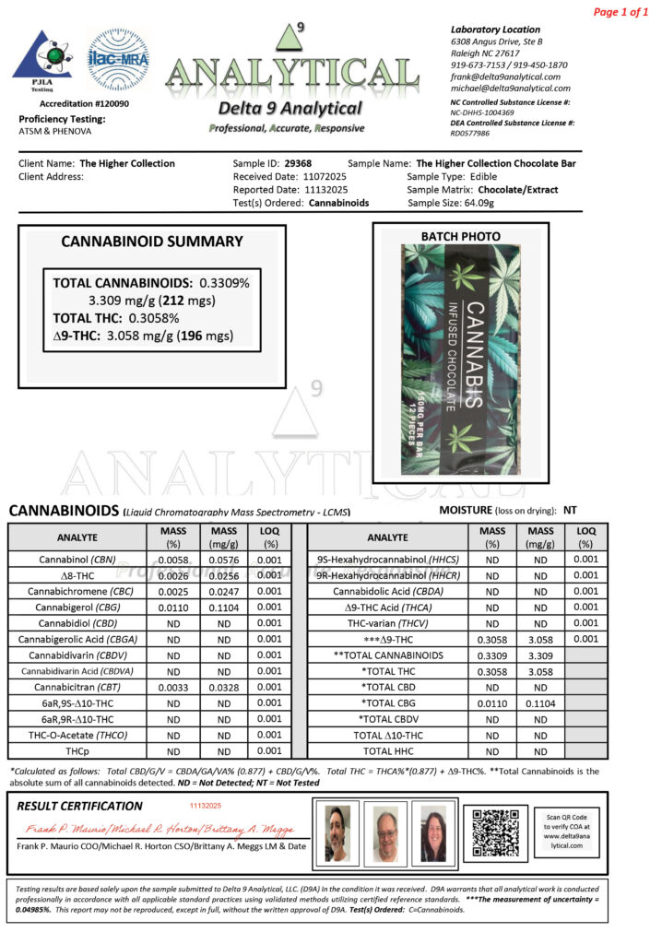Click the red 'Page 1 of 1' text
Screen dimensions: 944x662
click(621, 12)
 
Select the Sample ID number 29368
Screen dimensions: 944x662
click(297, 163)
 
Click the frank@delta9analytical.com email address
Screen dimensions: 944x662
click(505, 77)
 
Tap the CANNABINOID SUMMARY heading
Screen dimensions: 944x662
click(152, 242)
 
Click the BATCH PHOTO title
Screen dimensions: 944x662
click(460, 236)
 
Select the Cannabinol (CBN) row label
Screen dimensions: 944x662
click(77, 560)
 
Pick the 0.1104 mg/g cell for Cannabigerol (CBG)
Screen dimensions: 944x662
click(224, 608)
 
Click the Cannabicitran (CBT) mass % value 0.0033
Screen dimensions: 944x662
click(173, 687)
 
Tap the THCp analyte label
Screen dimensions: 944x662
click(77, 750)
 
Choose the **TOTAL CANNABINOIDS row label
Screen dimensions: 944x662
click(387, 655)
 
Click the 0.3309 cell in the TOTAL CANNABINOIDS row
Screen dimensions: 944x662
click(492, 655)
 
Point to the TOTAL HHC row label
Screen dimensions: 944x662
click(387, 750)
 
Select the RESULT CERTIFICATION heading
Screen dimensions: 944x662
click(80, 806)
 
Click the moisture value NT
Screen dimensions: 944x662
click(570, 509)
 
